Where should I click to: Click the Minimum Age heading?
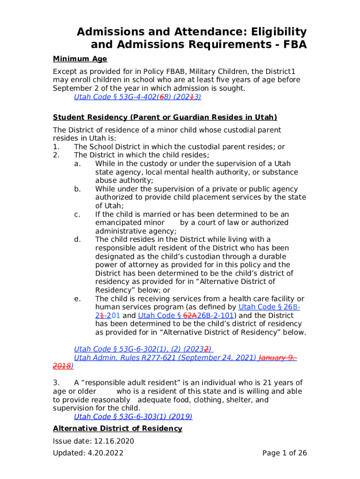[80, 59]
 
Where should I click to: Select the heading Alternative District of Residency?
[117, 428]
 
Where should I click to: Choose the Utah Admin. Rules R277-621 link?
[165, 357]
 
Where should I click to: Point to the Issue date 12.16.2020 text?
[94, 441]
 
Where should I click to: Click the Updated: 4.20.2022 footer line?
[88, 453]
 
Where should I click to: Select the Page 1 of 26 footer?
[284, 453]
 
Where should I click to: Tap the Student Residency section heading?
[165, 117]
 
